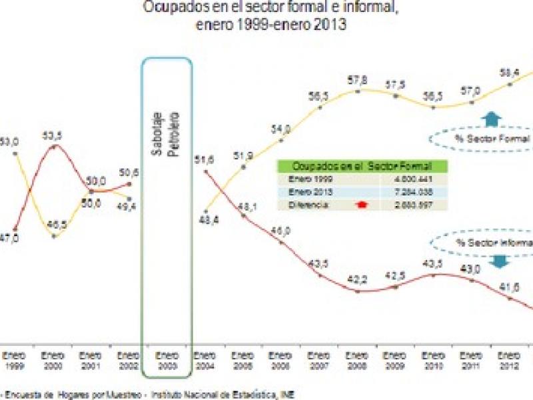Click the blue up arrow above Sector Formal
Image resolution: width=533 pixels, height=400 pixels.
[x=492, y=119]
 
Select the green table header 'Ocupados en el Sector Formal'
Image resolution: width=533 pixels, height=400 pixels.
[x=363, y=165]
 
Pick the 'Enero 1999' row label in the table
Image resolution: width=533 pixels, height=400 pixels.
[x=304, y=179]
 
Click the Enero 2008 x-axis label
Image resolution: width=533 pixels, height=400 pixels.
[x=358, y=361]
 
